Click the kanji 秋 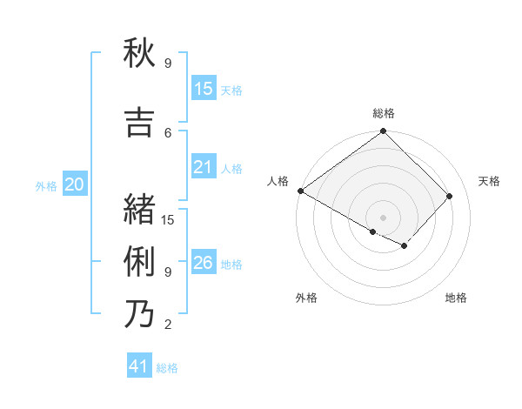click(x=139, y=55)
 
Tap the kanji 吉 click(x=139, y=124)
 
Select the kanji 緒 click(x=139, y=210)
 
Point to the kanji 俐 click(x=139, y=262)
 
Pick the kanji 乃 click(x=139, y=314)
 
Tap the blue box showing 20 click(x=75, y=184)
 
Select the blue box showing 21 click(x=204, y=167)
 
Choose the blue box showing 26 click(x=204, y=263)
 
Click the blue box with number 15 click(x=204, y=89)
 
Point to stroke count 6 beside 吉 click(x=168, y=132)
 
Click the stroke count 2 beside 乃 click(x=168, y=325)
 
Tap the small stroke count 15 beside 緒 click(x=168, y=219)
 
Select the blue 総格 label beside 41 click(x=167, y=368)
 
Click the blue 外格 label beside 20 click(x=46, y=185)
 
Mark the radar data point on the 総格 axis click(x=383, y=131)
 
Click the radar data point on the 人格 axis click(x=300, y=191)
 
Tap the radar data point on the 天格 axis click(x=450, y=196)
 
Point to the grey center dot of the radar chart click(x=383, y=217)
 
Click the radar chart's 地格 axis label click(x=456, y=298)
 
